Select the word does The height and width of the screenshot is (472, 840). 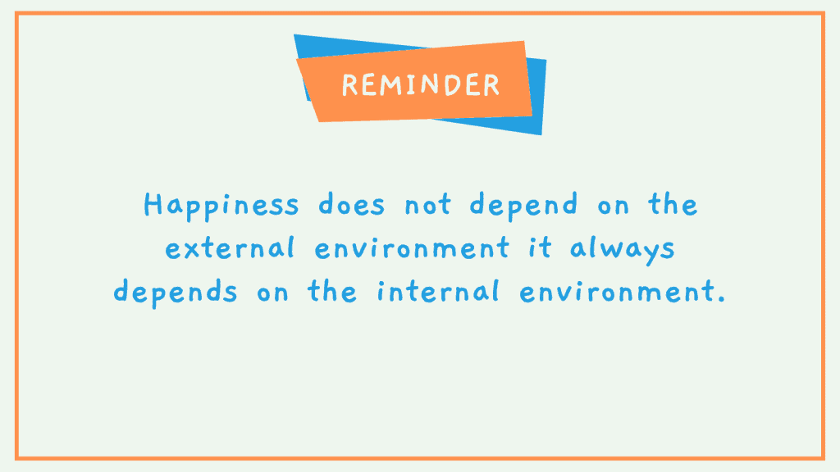[x=351, y=204]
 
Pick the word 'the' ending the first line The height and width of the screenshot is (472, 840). [x=673, y=204]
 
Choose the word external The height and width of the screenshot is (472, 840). [x=230, y=248]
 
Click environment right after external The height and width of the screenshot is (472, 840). [x=412, y=248]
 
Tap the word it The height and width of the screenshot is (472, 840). [x=540, y=248]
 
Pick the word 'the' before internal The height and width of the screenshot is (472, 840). [x=331, y=292]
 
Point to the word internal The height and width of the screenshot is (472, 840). [x=438, y=292]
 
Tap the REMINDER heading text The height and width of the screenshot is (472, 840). [x=421, y=85]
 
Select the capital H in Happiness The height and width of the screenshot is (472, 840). [x=153, y=204]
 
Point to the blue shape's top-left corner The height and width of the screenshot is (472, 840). [x=294, y=34]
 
